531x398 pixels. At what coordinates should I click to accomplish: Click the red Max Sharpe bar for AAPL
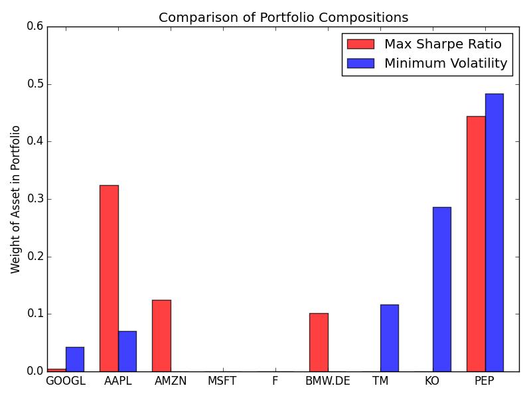(x=109, y=278)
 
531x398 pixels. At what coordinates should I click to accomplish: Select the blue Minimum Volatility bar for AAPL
(x=127, y=351)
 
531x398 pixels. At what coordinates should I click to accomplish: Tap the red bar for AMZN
(x=161, y=336)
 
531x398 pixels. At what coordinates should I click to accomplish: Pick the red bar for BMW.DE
(x=319, y=342)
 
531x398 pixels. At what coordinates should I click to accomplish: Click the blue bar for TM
(x=389, y=338)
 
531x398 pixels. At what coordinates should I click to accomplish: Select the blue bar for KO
(x=441, y=289)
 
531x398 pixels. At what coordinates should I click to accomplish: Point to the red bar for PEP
(x=476, y=243)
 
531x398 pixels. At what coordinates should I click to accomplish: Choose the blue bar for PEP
(x=494, y=232)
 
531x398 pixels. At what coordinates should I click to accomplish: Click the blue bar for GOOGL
(x=75, y=359)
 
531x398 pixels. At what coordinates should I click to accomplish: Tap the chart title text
(x=283, y=18)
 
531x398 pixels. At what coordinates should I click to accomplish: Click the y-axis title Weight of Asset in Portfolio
(x=16, y=199)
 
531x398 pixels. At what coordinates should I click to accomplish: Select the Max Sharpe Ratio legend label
(x=443, y=44)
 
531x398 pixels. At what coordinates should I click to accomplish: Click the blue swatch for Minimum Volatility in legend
(x=360, y=64)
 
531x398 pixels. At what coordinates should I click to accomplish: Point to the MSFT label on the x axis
(x=222, y=381)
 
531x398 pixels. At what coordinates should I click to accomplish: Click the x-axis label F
(x=275, y=381)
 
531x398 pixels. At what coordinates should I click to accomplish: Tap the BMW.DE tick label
(x=328, y=381)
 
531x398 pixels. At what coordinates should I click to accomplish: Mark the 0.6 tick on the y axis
(x=35, y=27)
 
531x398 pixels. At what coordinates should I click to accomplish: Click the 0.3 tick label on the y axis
(x=35, y=199)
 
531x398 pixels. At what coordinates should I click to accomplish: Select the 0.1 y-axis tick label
(x=35, y=314)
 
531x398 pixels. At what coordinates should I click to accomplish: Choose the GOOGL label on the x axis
(x=65, y=381)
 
